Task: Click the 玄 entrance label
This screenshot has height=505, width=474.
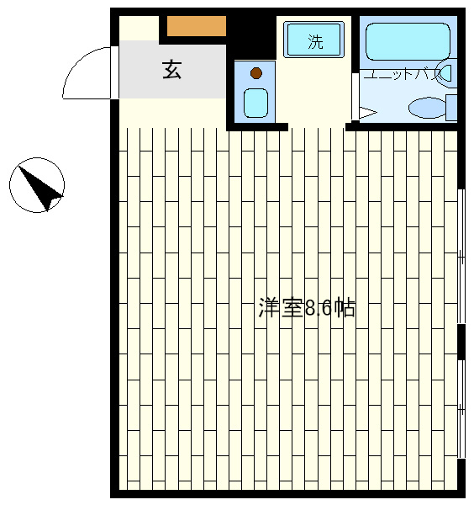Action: click(x=171, y=70)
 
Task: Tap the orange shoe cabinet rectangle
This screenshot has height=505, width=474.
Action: click(x=197, y=26)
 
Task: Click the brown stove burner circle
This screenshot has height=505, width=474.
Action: click(x=256, y=73)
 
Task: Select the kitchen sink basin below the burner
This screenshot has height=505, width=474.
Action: click(x=255, y=103)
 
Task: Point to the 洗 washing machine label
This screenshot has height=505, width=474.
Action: click(x=315, y=41)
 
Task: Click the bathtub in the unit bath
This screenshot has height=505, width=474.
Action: click(x=408, y=41)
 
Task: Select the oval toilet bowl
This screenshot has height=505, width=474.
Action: click(x=427, y=107)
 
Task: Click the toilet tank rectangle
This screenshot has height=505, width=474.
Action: click(x=451, y=108)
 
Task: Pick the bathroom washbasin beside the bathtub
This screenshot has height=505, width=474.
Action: click(x=446, y=73)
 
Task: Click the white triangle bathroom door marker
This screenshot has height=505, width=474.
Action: click(x=367, y=113)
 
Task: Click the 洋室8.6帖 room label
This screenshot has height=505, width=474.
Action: click(x=307, y=308)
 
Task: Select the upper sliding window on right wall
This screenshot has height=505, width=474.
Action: click(x=461, y=257)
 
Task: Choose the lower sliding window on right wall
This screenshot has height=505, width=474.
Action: click(x=461, y=409)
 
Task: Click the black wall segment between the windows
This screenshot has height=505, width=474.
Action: click(x=461, y=342)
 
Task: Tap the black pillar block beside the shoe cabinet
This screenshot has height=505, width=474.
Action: click(x=251, y=38)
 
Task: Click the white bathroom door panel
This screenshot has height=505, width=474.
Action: click(x=355, y=97)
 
